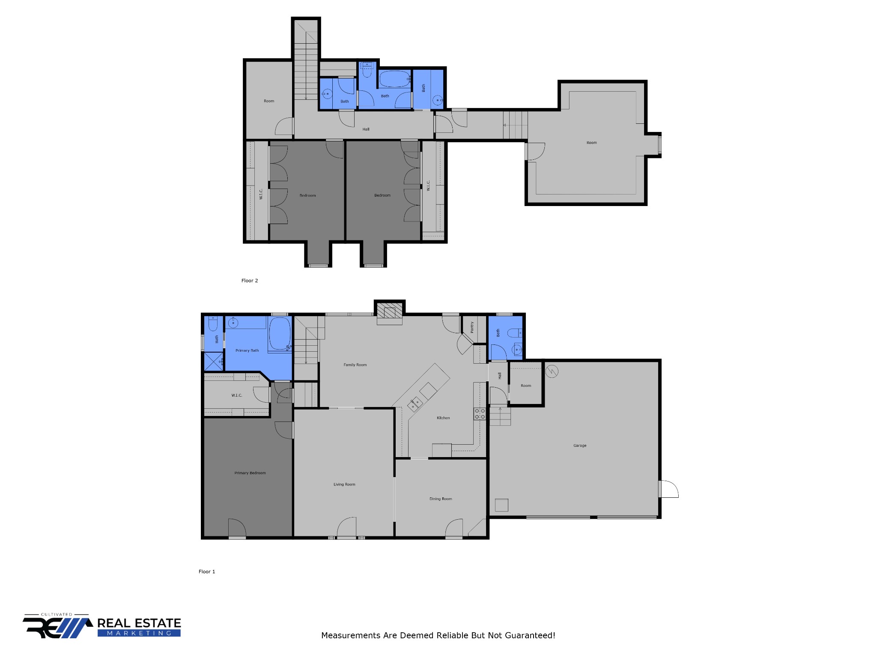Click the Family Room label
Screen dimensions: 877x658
[355, 365]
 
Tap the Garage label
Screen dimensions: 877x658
[580, 446]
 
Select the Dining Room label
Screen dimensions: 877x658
[441, 499]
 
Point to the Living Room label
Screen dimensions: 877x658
[344, 485]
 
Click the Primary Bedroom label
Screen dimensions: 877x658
[250, 473]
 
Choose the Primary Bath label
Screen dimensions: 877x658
[247, 350]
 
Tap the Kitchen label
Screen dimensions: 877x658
[443, 418]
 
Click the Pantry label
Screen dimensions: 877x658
[472, 327]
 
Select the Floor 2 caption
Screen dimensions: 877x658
[250, 281]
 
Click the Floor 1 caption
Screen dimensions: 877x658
[207, 571]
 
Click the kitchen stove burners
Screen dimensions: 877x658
[480, 414]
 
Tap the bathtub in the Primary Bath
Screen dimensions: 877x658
[280, 334]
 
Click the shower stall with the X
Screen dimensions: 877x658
[213, 361]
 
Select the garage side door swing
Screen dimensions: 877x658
[669, 489]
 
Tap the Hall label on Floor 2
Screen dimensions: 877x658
[366, 129]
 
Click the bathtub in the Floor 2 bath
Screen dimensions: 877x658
[395, 79]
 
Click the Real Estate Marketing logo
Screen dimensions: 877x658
[102, 626]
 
